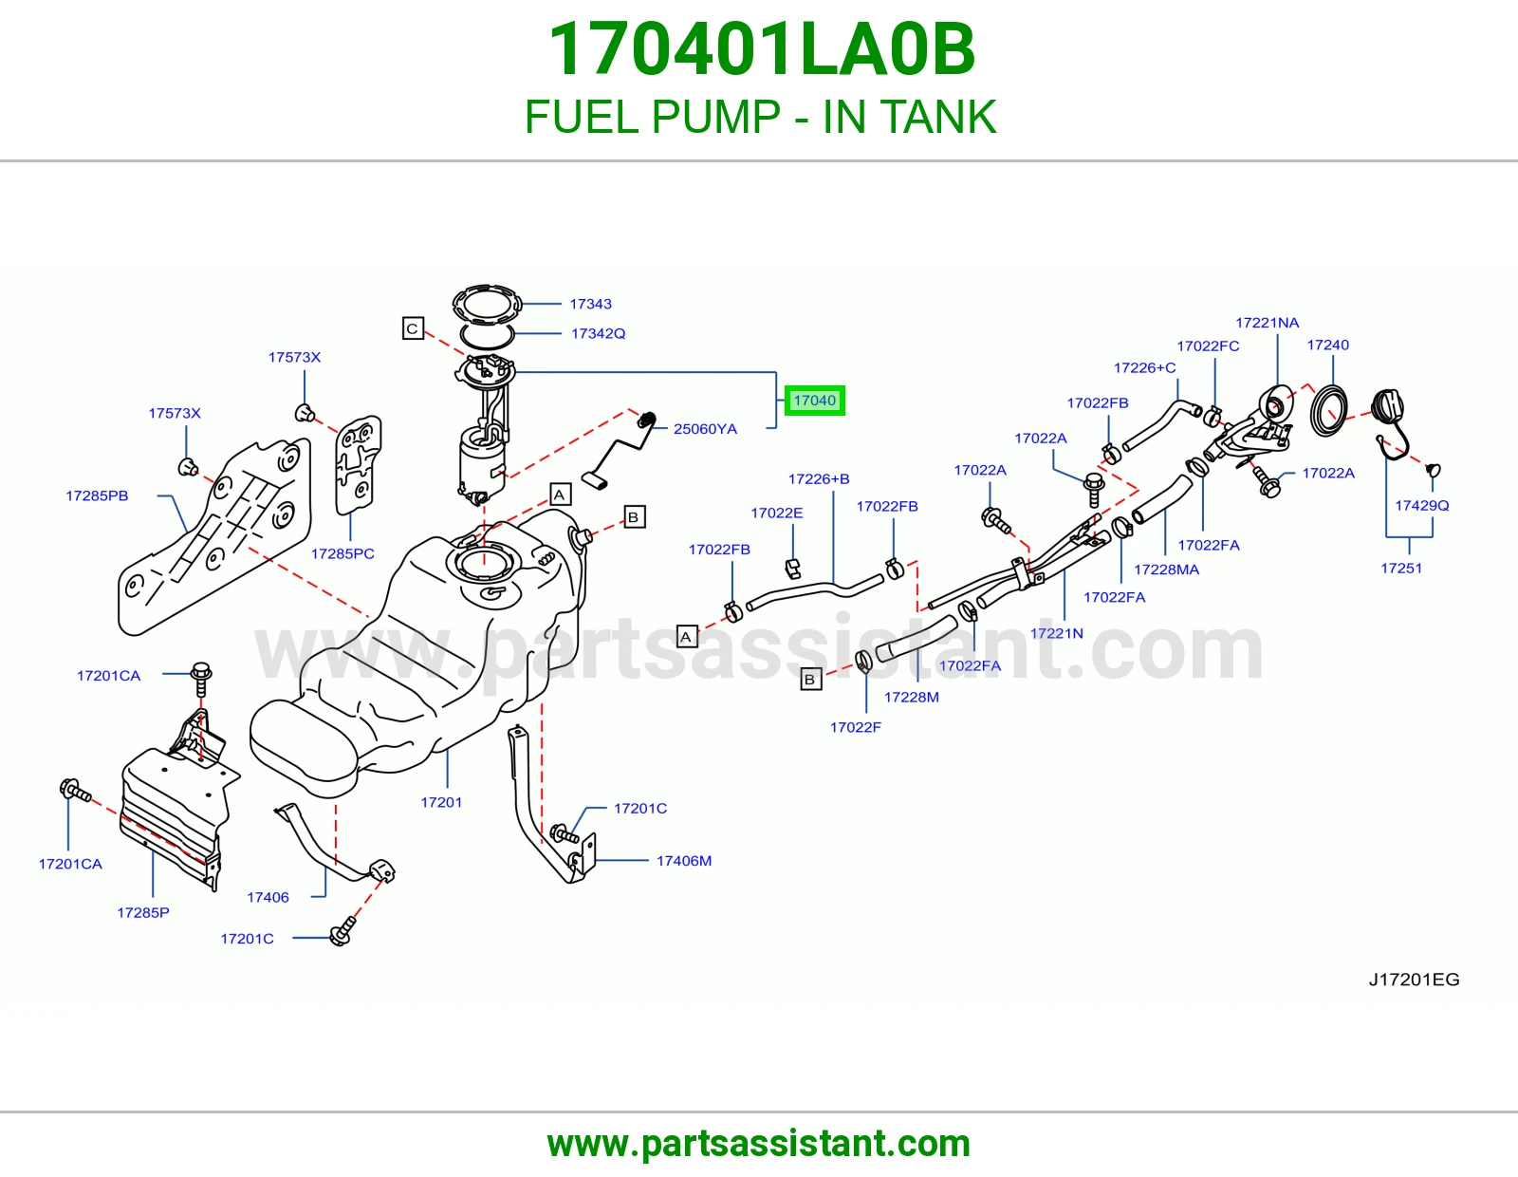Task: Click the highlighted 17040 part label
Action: tap(815, 401)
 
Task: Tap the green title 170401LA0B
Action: tap(762, 49)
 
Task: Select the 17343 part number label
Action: tap(590, 304)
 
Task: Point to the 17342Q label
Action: tap(598, 333)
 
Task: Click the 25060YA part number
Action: tap(705, 429)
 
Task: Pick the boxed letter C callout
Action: tap(413, 328)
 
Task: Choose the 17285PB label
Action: tap(97, 495)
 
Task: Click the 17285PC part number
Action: tap(342, 553)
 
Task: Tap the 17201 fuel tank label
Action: tap(441, 802)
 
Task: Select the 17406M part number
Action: tap(684, 861)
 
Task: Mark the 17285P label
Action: tap(143, 913)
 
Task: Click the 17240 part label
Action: tap(1328, 345)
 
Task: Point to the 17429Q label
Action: tap(1421, 505)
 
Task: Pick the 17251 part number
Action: tap(1401, 569)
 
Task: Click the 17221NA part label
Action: tap(1268, 323)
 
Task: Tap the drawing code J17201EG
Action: tap(1414, 980)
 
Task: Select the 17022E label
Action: tap(777, 513)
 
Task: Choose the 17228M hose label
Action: tap(912, 697)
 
